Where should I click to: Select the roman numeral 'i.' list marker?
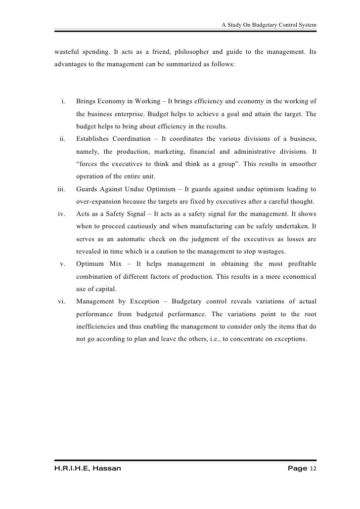coord(64,102)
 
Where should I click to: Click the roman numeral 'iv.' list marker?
coord(62,213)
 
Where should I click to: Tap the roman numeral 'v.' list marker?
coord(63,264)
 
